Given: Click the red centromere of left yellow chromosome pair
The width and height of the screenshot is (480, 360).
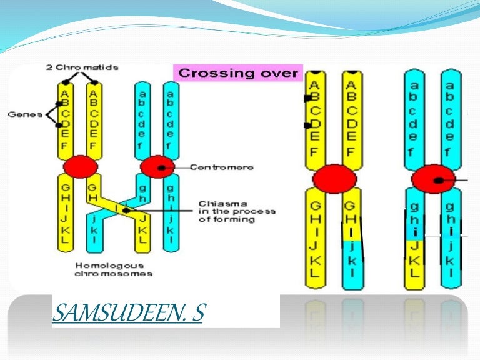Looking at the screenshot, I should tap(80, 167).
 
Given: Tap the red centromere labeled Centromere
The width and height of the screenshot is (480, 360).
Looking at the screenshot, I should tap(157, 167).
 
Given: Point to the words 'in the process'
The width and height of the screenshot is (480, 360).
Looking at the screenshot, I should tap(236, 211).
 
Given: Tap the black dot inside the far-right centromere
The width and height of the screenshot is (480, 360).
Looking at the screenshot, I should tap(439, 181).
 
